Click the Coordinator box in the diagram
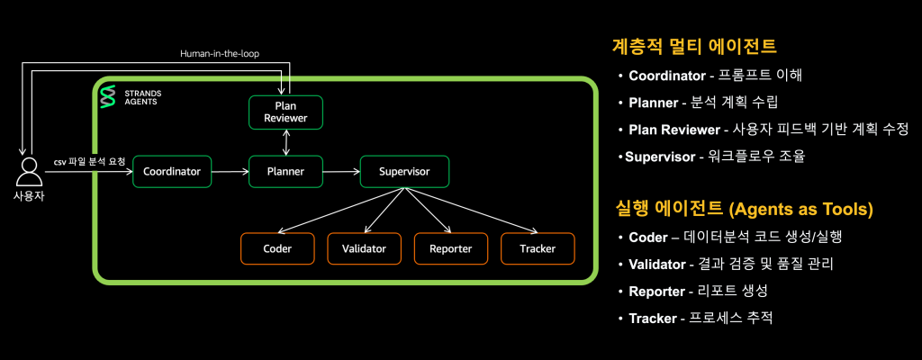(x=172, y=171)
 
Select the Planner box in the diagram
(x=285, y=171)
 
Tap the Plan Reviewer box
(x=285, y=112)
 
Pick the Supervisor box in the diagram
(x=403, y=171)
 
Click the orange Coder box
(x=277, y=248)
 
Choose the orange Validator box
(x=364, y=248)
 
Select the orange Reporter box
(x=450, y=248)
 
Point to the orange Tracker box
(x=538, y=248)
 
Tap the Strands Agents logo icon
(x=108, y=97)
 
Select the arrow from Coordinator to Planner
(x=230, y=171)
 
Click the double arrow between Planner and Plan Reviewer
(x=285, y=141)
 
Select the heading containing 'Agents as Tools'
(x=743, y=209)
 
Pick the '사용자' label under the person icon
(x=29, y=195)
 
